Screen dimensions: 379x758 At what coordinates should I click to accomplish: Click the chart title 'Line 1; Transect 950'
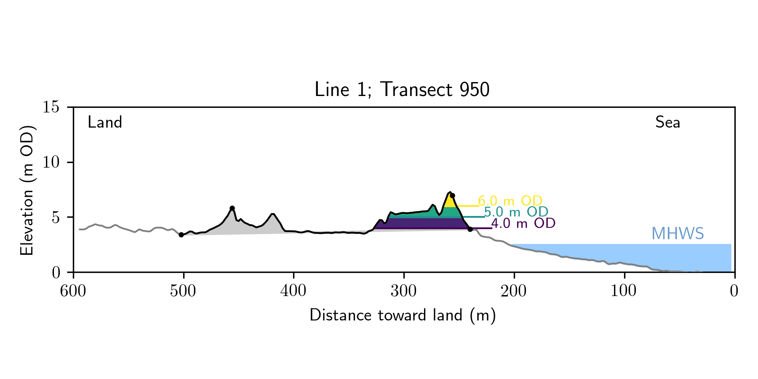(402, 90)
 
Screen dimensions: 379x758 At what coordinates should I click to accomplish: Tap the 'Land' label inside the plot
(105, 123)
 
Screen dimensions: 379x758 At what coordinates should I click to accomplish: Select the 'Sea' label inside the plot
(667, 123)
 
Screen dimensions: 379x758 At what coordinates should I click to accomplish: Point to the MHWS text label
(678, 234)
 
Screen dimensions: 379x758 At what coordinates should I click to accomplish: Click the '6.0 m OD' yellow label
(510, 201)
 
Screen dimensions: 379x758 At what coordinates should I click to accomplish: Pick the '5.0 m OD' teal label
(516, 212)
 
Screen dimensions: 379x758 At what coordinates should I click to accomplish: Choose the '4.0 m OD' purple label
(523, 223)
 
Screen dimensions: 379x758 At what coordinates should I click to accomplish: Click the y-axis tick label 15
(51, 107)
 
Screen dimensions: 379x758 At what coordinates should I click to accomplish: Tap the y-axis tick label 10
(51, 163)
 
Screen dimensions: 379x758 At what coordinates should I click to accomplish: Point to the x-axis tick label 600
(73, 291)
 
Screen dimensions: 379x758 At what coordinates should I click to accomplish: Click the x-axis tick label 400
(294, 291)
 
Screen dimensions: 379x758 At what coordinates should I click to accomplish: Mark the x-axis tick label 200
(514, 291)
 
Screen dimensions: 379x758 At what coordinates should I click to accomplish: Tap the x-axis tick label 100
(624, 291)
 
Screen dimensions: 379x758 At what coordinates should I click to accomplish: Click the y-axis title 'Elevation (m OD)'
(27, 190)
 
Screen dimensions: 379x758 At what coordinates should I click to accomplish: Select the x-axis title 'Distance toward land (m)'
(403, 315)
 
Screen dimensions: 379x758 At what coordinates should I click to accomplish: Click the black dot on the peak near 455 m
(232, 208)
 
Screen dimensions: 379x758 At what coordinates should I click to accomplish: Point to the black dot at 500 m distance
(181, 235)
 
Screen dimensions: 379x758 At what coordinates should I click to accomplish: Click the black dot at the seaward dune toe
(470, 229)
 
